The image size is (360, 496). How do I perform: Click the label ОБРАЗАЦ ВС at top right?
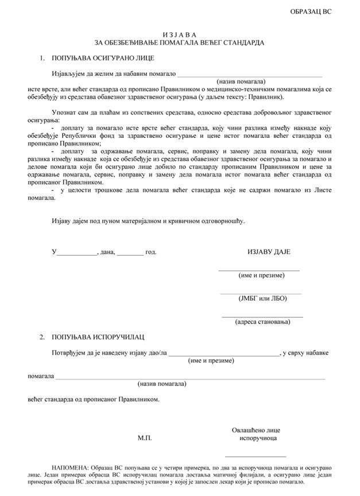[311, 11]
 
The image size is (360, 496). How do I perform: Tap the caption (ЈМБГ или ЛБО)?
[262, 298]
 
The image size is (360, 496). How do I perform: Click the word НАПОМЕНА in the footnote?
[69, 469]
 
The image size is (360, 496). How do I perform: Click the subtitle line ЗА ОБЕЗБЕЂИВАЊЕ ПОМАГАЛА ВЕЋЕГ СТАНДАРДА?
[180, 43]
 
